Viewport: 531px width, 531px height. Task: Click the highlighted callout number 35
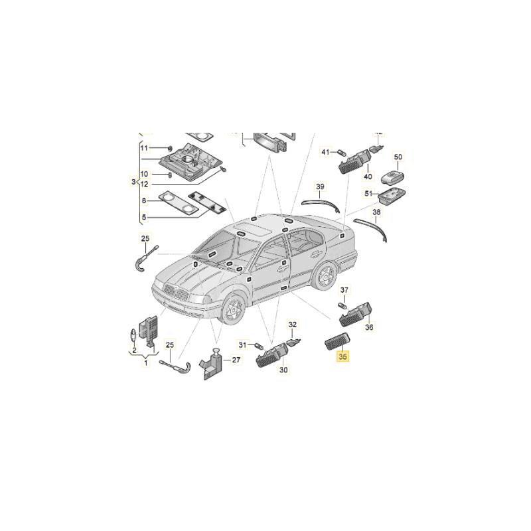pos(342,356)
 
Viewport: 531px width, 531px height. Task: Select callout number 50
pos(398,157)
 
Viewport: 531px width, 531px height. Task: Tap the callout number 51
pos(368,193)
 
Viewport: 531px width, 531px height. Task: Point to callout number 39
pos(320,187)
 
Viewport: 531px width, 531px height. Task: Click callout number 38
pos(376,212)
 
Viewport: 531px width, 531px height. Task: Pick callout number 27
pos(236,360)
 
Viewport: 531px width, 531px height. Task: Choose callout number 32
pos(292,325)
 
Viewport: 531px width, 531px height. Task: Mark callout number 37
pos(344,290)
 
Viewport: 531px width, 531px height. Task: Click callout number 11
pos(144,148)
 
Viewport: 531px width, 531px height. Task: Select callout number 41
pos(325,152)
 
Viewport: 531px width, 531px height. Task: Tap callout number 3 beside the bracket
pos(133,182)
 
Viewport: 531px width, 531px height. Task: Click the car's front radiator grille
pos(175,292)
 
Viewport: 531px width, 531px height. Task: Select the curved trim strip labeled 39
pos(321,204)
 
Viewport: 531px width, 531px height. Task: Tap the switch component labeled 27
pos(212,364)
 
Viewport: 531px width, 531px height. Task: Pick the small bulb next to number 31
pos(260,346)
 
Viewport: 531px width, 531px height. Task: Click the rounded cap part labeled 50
pos(393,178)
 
